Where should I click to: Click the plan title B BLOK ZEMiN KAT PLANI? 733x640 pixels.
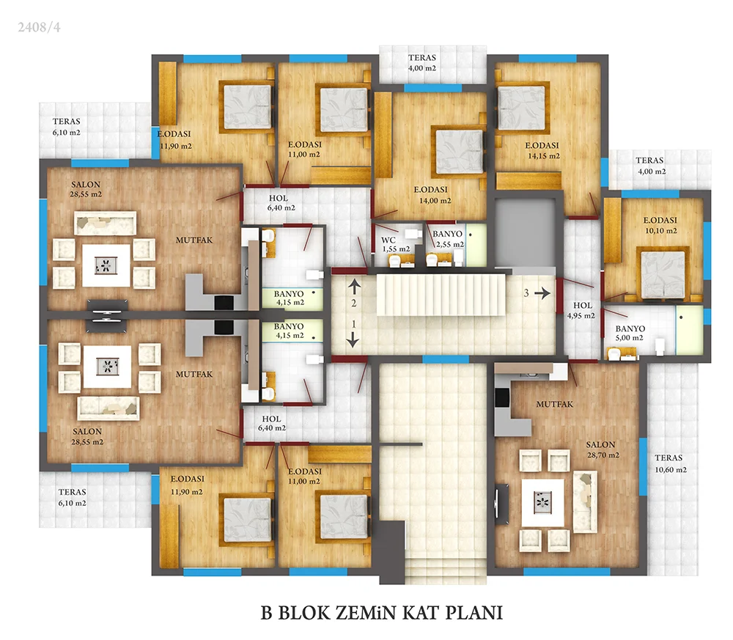coord(381,613)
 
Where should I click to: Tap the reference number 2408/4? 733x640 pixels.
coord(40,27)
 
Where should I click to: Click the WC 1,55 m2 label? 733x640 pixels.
coord(396,245)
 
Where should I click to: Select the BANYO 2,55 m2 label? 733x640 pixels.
coord(449,239)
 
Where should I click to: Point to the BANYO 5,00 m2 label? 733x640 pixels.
coord(630,334)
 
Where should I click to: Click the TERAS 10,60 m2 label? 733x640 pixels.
coord(671,464)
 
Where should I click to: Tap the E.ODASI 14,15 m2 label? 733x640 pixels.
coord(542,150)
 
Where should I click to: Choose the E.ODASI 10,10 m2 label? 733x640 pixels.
coord(660,225)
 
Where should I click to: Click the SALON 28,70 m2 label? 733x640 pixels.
coord(603,449)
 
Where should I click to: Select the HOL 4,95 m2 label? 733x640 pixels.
coord(581,310)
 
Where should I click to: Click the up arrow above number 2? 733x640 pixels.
coord(354,286)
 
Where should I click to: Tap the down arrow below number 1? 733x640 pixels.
coord(353,340)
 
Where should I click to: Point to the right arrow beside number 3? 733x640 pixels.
coord(542,293)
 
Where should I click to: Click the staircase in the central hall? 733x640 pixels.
coord(441,295)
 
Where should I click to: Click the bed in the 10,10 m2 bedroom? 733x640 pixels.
coord(663,274)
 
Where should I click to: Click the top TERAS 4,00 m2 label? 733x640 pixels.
coord(422,62)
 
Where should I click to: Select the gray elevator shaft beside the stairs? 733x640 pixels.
coord(525,232)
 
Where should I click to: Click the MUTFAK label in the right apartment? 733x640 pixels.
coord(554,404)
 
